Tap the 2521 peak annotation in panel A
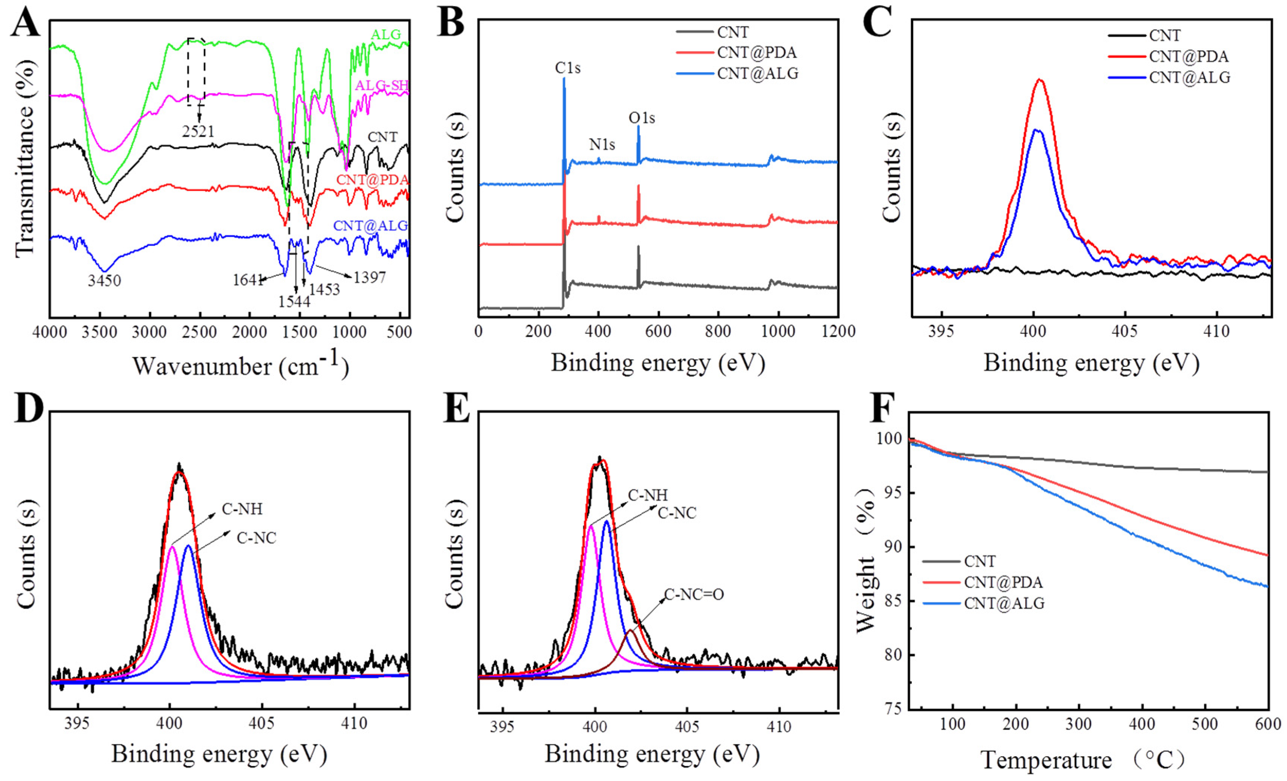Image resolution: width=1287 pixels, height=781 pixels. [x=198, y=131]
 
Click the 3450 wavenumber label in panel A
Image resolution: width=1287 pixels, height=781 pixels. [x=104, y=281]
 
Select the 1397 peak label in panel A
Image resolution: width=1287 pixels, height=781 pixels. [x=369, y=277]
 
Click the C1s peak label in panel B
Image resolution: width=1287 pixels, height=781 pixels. [x=567, y=68]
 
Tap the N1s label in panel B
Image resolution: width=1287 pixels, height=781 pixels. [x=602, y=144]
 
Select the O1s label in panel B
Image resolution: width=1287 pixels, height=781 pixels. [x=641, y=118]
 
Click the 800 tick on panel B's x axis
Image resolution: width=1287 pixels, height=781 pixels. [x=718, y=332]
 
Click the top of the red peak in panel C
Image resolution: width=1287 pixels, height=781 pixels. [x=1039, y=80]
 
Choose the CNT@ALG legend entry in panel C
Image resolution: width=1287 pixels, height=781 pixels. [x=1189, y=77]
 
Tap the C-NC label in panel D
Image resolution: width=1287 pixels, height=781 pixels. [x=256, y=538]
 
